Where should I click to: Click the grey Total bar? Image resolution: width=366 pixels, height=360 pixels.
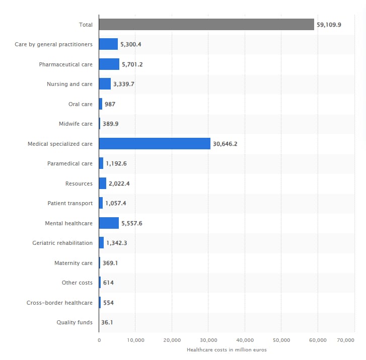coord(206,25)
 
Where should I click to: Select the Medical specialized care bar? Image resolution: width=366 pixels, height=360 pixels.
coord(155,144)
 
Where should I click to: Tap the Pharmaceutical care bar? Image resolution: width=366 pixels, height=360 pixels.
coord(109,64)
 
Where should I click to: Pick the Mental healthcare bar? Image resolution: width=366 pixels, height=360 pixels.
coord(109,223)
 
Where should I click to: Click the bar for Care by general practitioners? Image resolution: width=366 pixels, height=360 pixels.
coord(108,44)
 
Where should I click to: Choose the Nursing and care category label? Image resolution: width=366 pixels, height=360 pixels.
coord(69,84)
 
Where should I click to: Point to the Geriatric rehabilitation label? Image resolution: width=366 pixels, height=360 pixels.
coord(62,243)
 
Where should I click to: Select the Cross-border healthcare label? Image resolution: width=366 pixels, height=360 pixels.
coord(59,303)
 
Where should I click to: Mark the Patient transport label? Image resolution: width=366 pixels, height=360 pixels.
coord(70,203)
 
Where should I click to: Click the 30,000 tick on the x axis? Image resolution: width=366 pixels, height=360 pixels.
coord(208,340)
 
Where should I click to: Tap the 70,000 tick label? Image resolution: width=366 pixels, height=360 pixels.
coord(346,340)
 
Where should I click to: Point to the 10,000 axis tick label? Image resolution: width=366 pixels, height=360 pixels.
coord(135,340)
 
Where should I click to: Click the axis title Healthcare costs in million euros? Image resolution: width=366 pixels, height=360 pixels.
coord(227,349)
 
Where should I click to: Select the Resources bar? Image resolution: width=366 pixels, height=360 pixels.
coord(103,184)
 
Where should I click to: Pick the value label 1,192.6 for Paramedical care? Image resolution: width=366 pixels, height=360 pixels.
coord(116,163)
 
